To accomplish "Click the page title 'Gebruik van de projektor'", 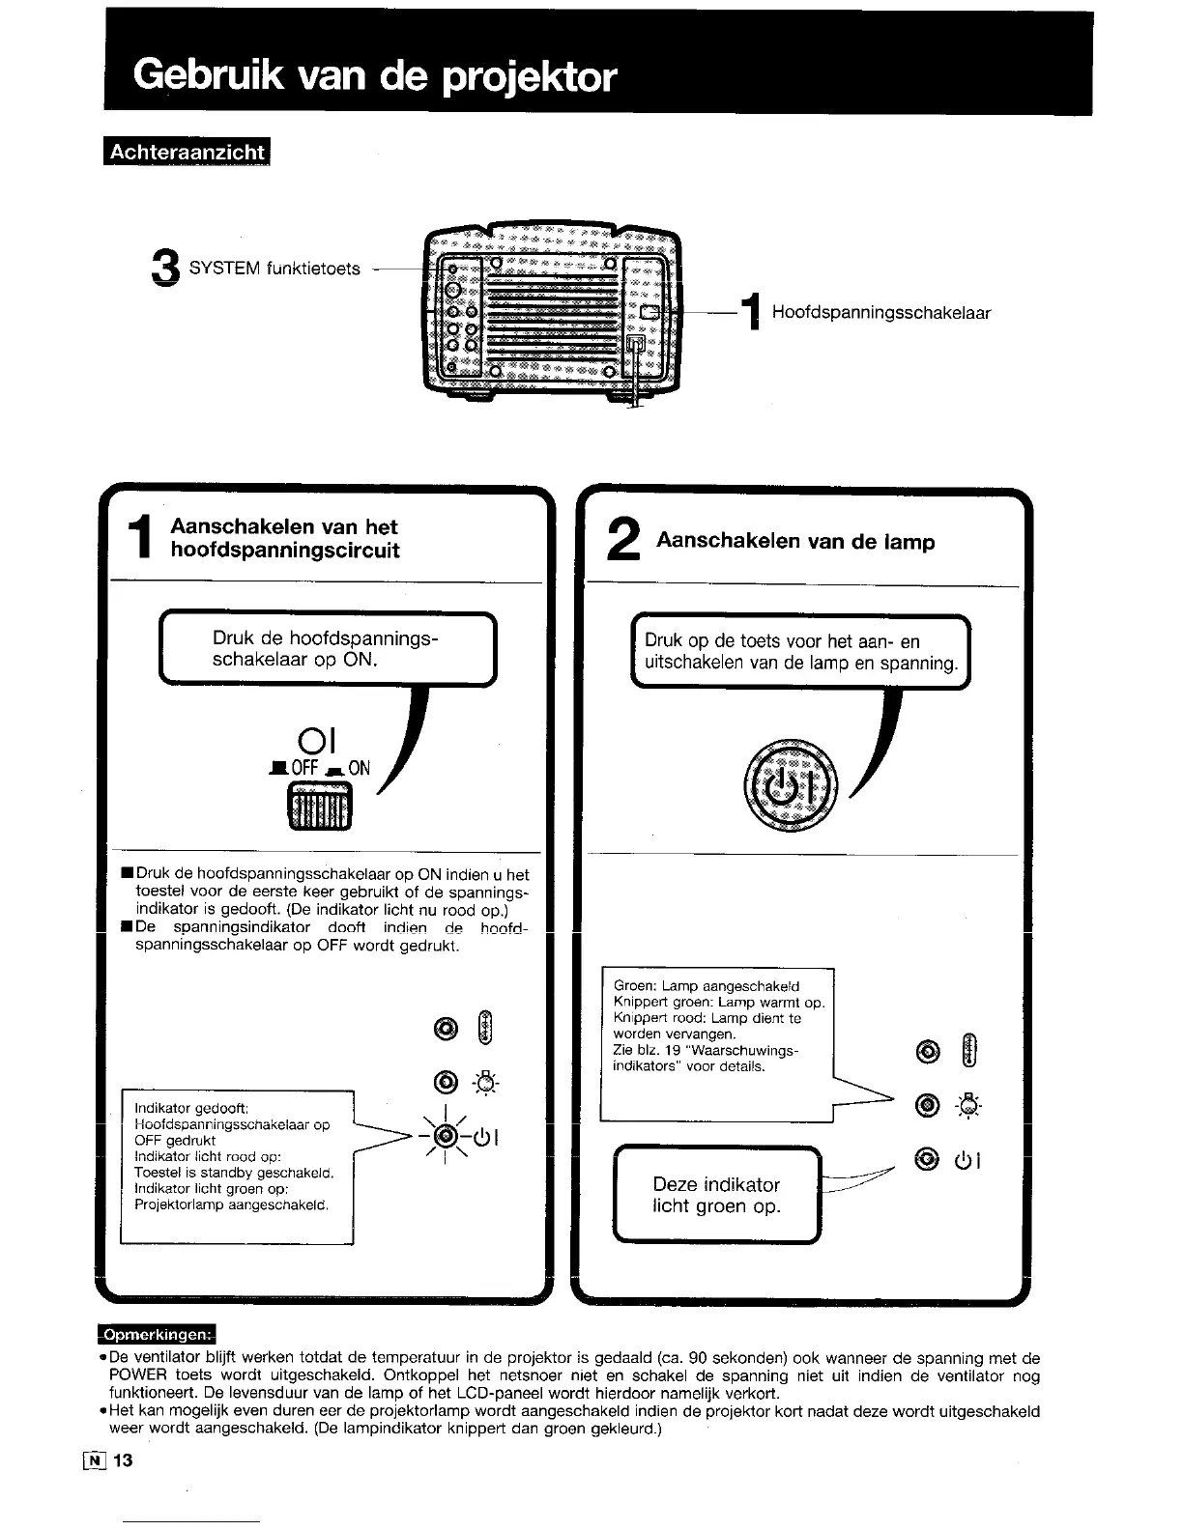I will coord(375,74).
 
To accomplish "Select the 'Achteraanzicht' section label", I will coord(187,153).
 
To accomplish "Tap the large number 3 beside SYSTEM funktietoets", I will coord(166,269).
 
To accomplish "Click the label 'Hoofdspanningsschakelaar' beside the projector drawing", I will coord(880,313).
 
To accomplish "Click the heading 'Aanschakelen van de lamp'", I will coord(794,542).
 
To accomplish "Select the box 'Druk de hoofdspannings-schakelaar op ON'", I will coord(327,649).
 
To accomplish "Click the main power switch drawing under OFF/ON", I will coord(319,806).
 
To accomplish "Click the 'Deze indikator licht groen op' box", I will coord(716,1195).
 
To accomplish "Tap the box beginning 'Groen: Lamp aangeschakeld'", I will coord(716,1043).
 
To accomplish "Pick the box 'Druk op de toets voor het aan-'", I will coord(800,652).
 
